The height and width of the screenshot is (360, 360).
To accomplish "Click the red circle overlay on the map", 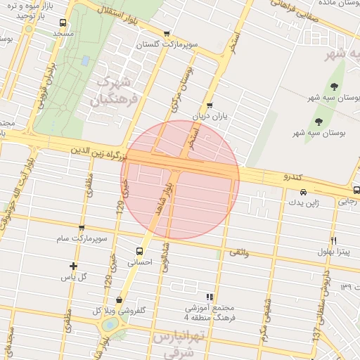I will tap(180, 180).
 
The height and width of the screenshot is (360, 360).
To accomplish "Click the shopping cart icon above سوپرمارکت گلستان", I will tap(167, 33).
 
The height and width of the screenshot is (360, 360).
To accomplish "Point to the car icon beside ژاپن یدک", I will tap(303, 192).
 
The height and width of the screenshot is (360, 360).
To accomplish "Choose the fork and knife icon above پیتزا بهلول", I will tap(334, 240).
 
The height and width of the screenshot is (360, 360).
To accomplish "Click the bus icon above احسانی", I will tap(139, 250).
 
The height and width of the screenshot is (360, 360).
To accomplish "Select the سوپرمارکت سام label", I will tap(82, 239).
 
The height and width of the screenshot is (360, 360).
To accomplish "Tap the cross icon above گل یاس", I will tap(73, 266).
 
